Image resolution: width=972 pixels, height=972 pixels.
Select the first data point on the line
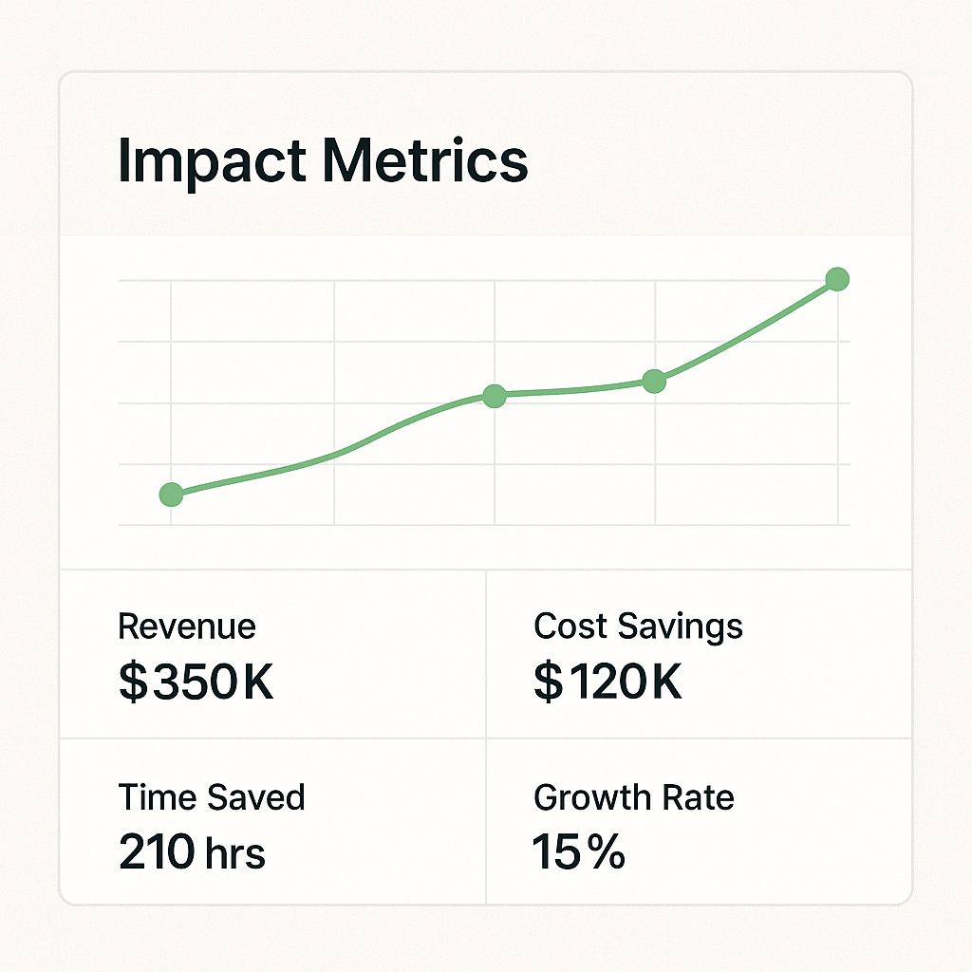click(x=171, y=494)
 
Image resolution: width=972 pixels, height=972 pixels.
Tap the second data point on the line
click(x=494, y=397)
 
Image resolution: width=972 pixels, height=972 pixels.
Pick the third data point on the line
click(x=654, y=382)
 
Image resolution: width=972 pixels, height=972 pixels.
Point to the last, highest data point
click(x=836, y=279)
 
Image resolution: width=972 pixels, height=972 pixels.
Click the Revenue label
click(x=187, y=626)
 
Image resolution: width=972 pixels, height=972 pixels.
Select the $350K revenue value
click(x=196, y=682)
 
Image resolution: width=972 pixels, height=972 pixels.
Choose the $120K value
click(x=607, y=682)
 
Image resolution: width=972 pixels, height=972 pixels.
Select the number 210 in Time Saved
click(x=156, y=852)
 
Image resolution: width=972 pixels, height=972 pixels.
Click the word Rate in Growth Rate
click(x=701, y=797)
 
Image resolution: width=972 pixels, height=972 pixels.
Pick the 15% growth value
click(x=579, y=852)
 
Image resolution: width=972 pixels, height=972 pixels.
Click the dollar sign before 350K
click(x=133, y=682)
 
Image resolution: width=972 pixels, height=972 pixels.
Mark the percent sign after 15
click(x=605, y=852)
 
